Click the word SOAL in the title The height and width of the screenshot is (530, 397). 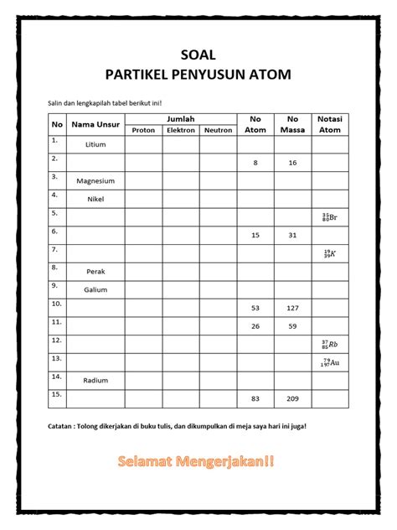198,55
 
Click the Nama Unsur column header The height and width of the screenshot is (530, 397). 95,125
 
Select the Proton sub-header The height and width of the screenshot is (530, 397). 144,131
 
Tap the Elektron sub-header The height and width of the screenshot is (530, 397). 181,131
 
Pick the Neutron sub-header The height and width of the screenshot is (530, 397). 218,131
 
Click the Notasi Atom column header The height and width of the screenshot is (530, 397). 330,125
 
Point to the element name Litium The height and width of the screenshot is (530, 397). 95,145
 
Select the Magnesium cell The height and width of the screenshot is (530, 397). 95,181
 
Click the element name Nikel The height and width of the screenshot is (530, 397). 95,200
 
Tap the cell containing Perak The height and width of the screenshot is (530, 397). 95,272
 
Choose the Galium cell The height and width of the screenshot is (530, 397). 95,289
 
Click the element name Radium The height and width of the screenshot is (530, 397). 95,381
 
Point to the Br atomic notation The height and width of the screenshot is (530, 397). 329,217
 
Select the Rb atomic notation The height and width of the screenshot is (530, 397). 329,344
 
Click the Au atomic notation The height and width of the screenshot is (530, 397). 329,362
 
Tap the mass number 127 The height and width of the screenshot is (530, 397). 292,308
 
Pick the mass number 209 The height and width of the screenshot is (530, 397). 292,398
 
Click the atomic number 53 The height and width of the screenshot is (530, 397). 255,308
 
